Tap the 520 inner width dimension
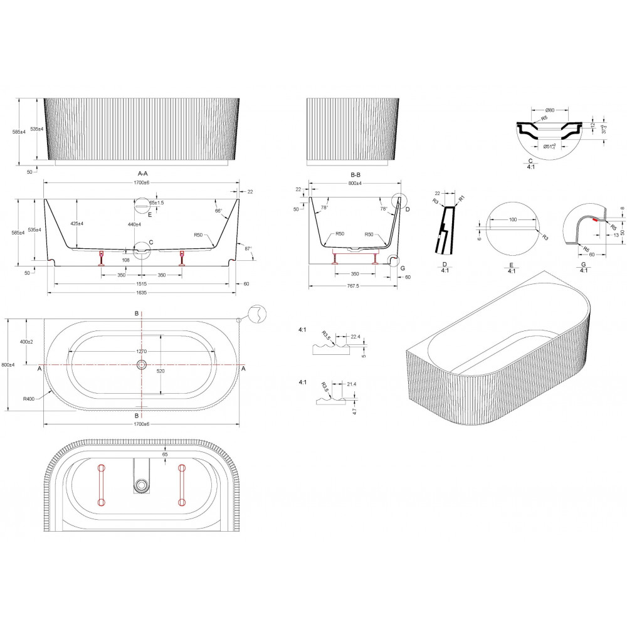(x=160, y=371)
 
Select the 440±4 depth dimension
(x=133, y=224)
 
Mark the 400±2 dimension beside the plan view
(x=27, y=342)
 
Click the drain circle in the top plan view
(x=142, y=364)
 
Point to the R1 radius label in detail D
(x=461, y=198)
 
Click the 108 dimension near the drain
(x=125, y=259)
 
